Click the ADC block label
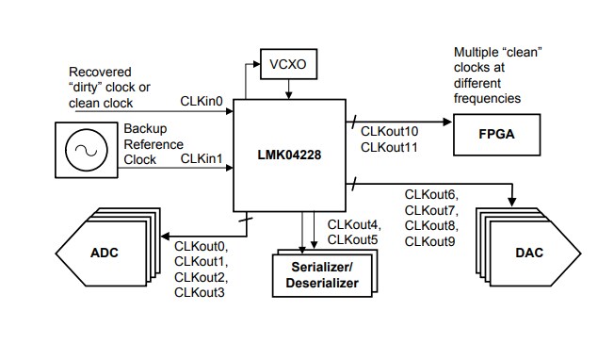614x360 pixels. pyautogui.click(x=105, y=253)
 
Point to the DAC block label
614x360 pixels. pyautogui.click(x=527, y=254)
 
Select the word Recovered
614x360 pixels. pyautogui.click(x=101, y=72)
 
